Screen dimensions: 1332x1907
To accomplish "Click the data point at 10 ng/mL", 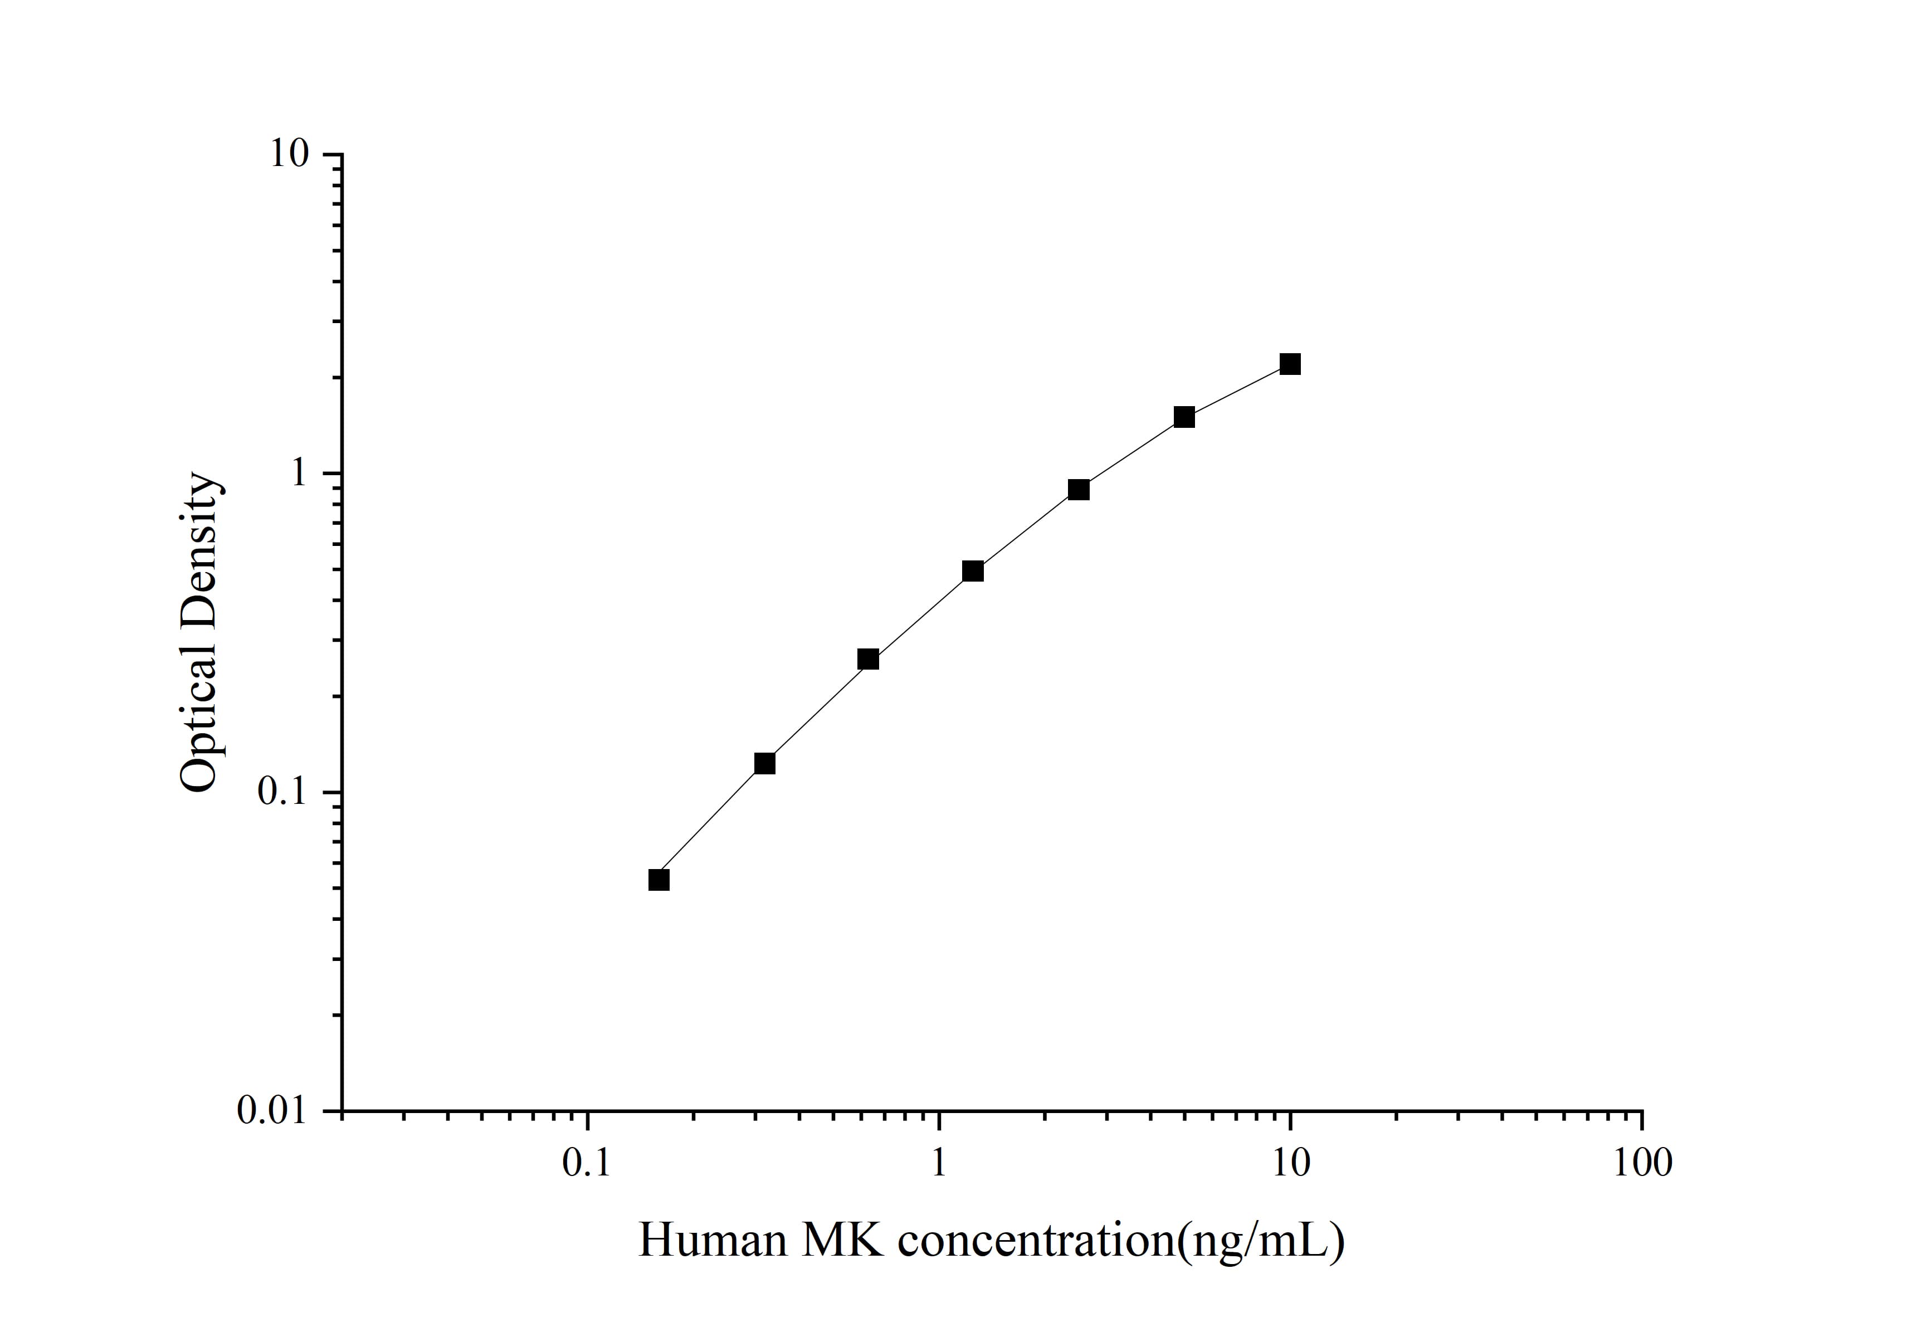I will (x=1290, y=364).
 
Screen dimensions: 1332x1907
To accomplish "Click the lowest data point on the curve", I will (x=659, y=880).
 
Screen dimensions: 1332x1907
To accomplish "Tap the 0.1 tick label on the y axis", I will (x=282, y=792).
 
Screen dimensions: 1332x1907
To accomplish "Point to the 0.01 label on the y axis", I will (x=272, y=1110).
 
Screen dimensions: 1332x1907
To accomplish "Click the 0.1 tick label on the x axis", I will (x=587, y=1163).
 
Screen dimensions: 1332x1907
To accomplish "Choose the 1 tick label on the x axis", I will (x=939, y=1163).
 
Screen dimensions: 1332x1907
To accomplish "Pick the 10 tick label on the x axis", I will (x=1290, y=1163).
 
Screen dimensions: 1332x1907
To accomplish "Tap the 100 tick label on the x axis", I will (x=1642, y=1163).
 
